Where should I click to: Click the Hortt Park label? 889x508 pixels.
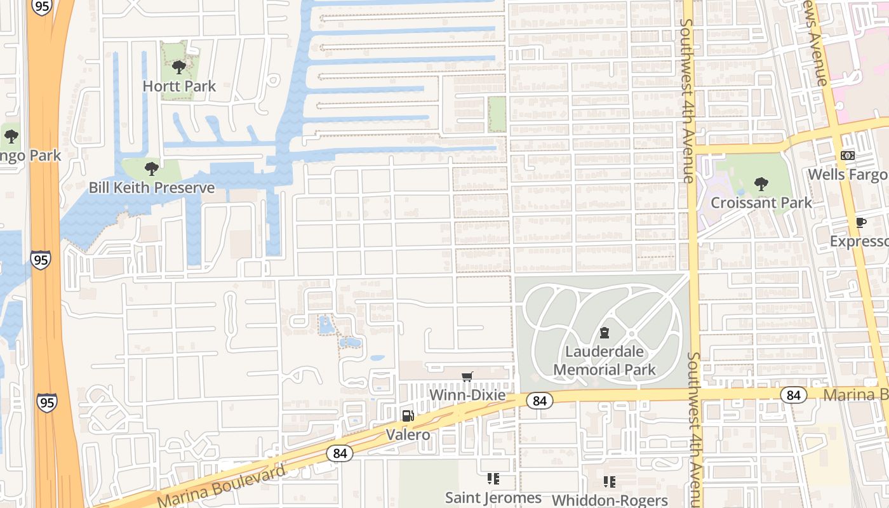[x=179, y=86]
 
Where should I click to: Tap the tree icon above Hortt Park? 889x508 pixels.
[x=179, y=67]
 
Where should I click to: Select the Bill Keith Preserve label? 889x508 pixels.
[x=152, y=187]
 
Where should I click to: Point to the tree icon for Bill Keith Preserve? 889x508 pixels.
[x=151, y=168]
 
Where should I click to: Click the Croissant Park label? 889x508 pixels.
[x=761, y=203]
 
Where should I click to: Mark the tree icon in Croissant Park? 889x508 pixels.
[x=761, y=184]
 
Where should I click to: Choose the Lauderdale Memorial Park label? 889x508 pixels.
[x=605, y=361]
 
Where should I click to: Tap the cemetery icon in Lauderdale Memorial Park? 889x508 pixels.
[x=605, y=333]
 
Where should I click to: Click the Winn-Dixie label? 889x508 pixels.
[x=467, y=395]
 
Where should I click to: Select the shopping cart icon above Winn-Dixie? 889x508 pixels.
[x=467, y=377]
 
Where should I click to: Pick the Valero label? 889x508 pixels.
[x=408, y=435]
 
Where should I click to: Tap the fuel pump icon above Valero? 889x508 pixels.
[x=408, y=416]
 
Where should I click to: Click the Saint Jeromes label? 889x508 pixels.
[x=493, y=498]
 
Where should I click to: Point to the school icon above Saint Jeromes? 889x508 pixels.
[x=493, y=479]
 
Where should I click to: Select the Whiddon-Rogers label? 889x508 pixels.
[x=610, y=500]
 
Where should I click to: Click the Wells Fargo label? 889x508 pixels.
[x=848, y=174]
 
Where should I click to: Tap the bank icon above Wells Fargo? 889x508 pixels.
[x=848, y=155]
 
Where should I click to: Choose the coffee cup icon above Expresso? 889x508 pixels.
[x=860, y=222]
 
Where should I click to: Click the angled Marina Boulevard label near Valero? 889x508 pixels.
[x=222, y=488]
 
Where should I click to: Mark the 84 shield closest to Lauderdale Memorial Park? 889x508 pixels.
[x=539, y=401]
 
